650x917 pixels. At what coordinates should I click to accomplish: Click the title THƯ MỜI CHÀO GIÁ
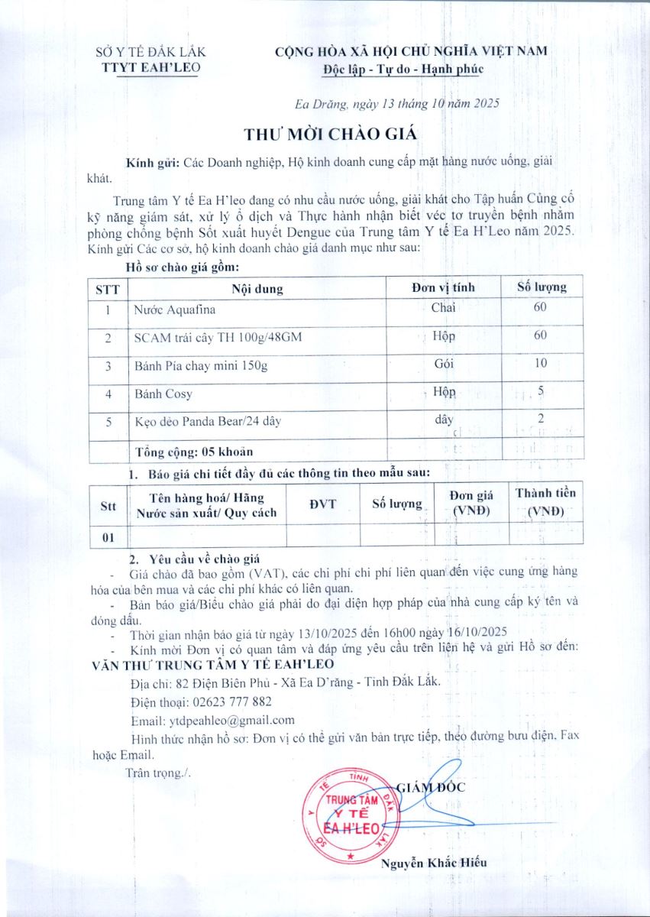(330, 134)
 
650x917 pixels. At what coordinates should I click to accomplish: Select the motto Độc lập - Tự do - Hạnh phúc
(403, 70)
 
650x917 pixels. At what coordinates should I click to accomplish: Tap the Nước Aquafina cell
(175, 309)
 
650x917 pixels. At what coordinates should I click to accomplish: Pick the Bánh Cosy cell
(163, 394)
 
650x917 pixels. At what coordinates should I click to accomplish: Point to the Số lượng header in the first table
(542, 287)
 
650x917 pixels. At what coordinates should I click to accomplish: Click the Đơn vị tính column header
(443, 287)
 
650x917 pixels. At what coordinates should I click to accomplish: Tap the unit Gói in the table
(444, 365)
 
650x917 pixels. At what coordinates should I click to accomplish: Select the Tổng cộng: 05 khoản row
(194, 451)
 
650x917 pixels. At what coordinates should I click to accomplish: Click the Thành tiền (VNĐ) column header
(545, 501)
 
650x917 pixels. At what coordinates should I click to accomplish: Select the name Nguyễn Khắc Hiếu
(433, 863)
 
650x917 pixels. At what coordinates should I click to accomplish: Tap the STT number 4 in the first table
(108, 394)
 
